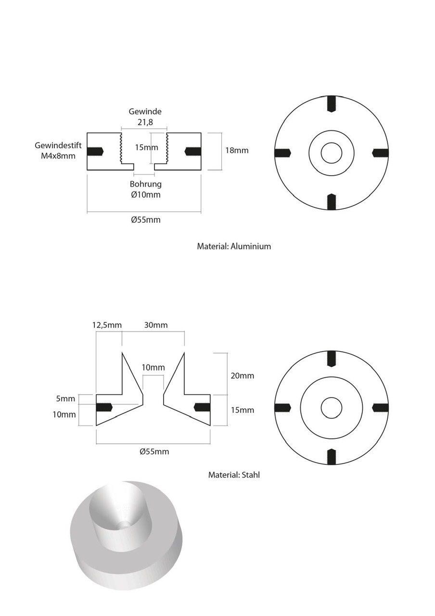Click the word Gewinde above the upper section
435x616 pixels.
(145, 111)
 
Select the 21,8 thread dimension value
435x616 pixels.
(144, 122)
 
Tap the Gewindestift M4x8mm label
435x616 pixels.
(55, 150)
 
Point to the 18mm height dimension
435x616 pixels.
(237, 150)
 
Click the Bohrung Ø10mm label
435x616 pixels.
(145, 189)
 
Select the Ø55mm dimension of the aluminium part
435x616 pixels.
(145, 220)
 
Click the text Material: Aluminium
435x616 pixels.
(234, 246)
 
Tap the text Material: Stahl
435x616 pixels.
(234, 475)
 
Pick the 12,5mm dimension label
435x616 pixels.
(107, 325)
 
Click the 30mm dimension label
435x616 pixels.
(156, 325)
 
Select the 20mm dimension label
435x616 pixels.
(243, 375)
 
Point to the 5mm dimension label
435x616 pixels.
(65, 398)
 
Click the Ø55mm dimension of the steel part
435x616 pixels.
(154, 452)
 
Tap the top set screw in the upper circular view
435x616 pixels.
(331, 103)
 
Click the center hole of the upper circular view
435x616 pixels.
(331, 153)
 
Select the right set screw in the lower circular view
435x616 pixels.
(381, 408)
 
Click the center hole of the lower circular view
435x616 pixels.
(331, 408)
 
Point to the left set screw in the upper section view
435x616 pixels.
(95, 151)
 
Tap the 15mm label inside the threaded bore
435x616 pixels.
(146, 147)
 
